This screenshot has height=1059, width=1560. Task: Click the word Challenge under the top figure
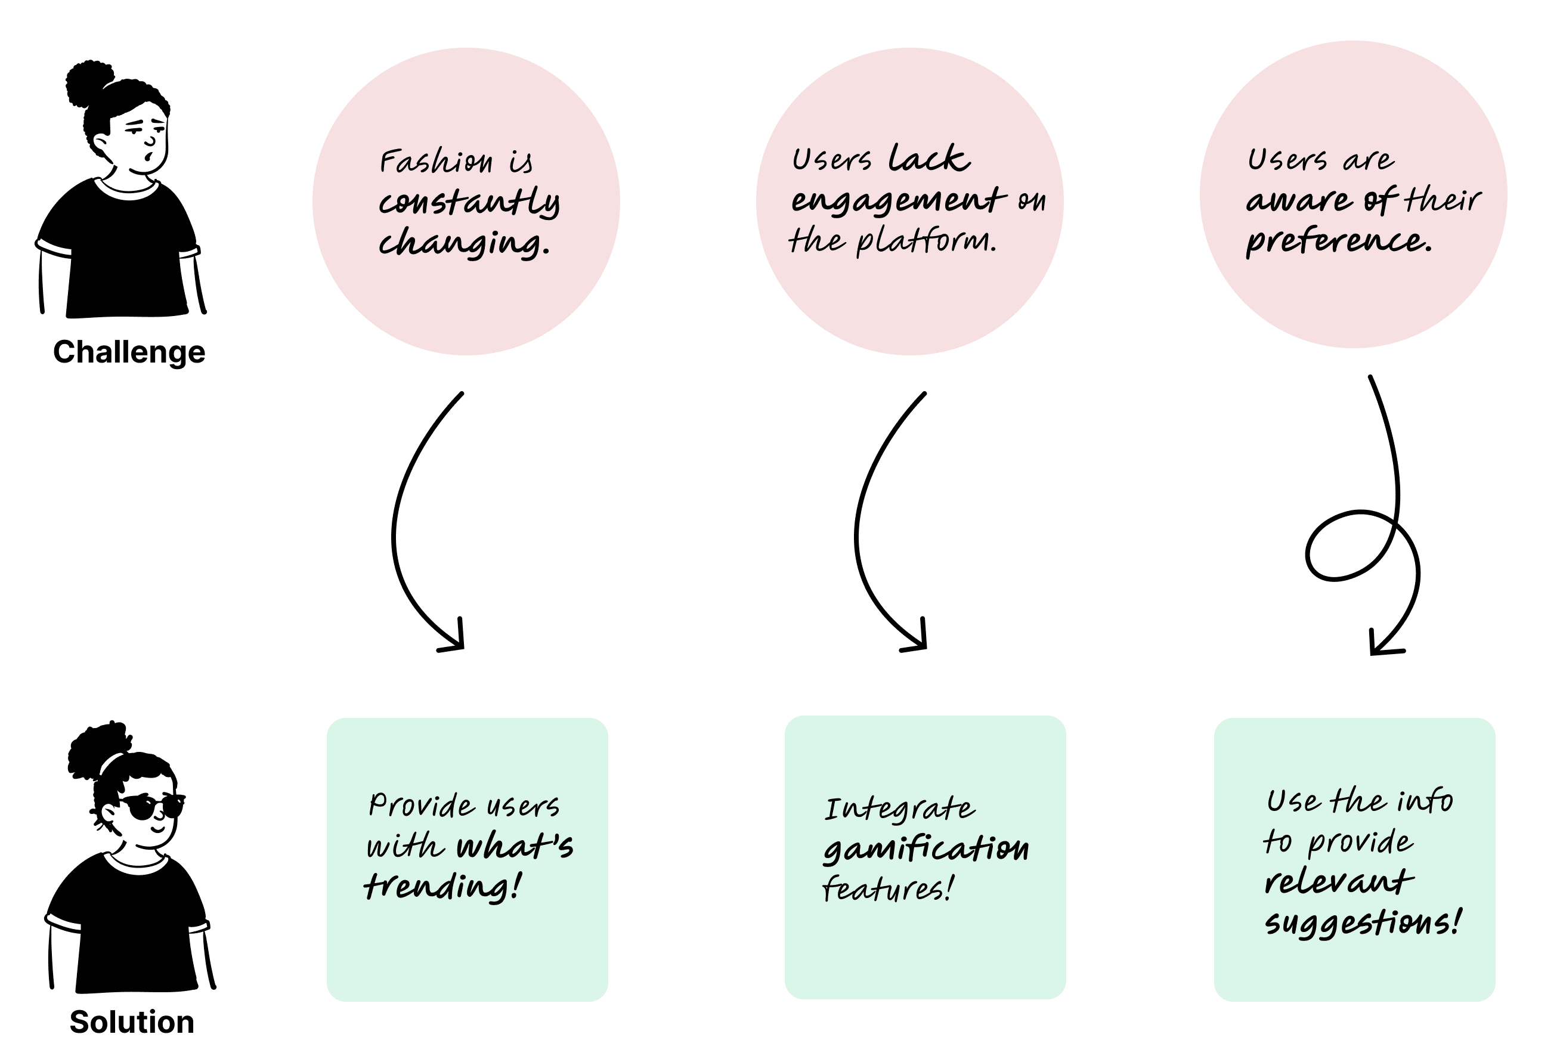pyautogui.click(x=129, y=352)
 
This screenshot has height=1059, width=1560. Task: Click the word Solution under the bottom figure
pyautogui.click(x=132, y=1021)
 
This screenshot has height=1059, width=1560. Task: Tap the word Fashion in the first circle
pyautogui.click(x=437, y=162)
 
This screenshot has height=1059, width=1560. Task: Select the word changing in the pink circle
pyautogui.click(x=463, y=243)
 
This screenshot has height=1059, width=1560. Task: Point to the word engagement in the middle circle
pyautogui.click(x=898, y=200)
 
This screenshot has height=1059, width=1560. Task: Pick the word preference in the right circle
pyautogui.click(x=1338, y=240)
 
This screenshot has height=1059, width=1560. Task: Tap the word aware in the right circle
pyautogui.click(x=1298, y=200)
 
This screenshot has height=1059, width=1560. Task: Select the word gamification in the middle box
pyautogui.click(x=926, y=849)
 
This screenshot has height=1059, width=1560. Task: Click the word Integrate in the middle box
pyautogui.click(x=899, y=809)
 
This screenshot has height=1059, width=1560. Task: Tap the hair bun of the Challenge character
pyautogui.click(x=89, y=83)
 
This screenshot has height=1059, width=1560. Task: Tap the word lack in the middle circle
pyautogui.click(x=929, y=159)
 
